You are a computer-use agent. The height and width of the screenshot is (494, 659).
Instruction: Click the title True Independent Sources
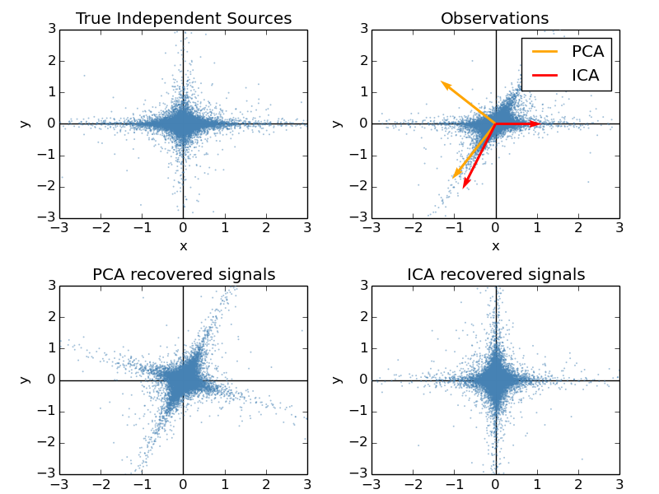[x=183, y=18]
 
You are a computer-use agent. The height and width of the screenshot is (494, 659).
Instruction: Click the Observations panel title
[x=495, y=18]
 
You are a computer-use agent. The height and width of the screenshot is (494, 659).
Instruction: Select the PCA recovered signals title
[x=183, y=274]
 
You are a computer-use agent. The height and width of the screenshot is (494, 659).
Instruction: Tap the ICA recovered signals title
[x=495, y=274]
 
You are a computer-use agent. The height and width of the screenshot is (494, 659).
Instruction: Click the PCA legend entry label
[x=587, y=51]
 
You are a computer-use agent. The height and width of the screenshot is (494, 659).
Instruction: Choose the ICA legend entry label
[x=587, y=76]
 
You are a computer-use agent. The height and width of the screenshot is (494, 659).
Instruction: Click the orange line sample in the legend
[x=544, y=51]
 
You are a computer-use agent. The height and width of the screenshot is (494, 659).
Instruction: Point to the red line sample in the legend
[x=544, y=76]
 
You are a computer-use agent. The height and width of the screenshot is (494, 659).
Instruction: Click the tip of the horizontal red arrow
[x=540, y=123]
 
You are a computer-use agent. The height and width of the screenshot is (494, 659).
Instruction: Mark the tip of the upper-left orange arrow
[x=442, y=82]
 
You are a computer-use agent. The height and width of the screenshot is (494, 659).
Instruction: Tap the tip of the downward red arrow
[x=464, y=188]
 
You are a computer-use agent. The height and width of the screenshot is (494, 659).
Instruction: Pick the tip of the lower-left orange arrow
[x=452, y=178]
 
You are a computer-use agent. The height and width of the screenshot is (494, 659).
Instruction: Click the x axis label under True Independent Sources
[x=183, y=245]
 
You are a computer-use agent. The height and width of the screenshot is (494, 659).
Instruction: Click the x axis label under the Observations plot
[x=495, y=245]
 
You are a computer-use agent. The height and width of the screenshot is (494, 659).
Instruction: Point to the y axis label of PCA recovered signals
[x=25, y=380]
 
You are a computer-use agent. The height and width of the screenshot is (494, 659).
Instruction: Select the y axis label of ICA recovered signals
[x=337, y=380]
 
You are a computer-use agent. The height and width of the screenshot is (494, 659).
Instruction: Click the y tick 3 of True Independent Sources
[x=51, y=30]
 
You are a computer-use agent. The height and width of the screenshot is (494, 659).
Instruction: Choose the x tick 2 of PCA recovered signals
[x=266, y=485]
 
